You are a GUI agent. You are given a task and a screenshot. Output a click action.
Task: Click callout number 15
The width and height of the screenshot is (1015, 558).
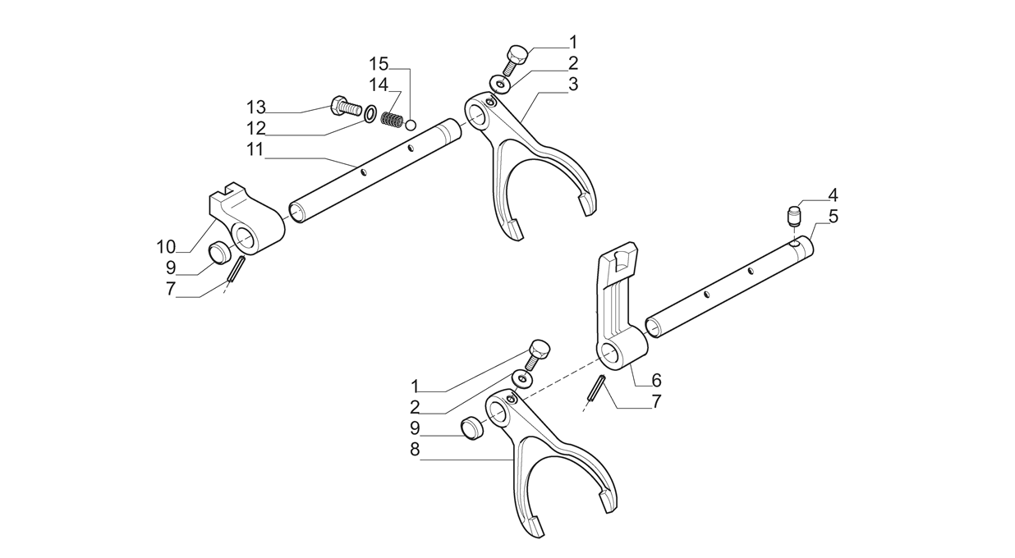[x=378, y=63]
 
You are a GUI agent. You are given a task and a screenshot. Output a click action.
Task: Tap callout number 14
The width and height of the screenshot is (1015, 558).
[x=378, y=85]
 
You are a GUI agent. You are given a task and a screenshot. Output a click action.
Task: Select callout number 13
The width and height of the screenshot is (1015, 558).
[x=256, y=107]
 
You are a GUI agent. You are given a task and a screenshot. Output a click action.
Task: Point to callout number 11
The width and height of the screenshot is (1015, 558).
[x=255, y=149]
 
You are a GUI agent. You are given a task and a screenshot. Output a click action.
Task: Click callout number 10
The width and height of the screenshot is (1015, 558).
[x=167, y=246]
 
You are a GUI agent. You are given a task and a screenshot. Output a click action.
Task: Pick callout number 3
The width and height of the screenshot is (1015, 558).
[x=572, y=84]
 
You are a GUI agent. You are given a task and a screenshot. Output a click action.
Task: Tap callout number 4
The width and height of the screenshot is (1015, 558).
[x=833, y=195]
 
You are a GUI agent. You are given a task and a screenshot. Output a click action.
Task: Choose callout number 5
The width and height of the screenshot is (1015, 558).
[x=833, y=217]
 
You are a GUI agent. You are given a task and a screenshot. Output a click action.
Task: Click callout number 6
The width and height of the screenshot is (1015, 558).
[x=656, y=380]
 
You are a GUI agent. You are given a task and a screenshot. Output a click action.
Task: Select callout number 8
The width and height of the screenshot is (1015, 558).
[x=415, y=449]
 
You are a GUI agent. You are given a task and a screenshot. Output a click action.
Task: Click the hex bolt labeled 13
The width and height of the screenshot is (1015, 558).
[x=346, y=107]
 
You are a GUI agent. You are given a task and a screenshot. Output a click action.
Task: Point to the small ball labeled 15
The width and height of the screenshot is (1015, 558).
[x=412, y=125]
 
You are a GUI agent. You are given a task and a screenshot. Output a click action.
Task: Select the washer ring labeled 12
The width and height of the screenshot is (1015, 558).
[x=370, y=112]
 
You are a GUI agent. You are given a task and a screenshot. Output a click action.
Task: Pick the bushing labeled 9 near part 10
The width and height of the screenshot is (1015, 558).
[x=218, y=253]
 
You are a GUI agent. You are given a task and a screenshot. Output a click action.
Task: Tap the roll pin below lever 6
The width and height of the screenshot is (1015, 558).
[x=597, y=389]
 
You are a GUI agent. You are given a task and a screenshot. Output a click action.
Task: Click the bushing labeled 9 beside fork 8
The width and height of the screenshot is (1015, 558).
[x=471, y=427]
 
